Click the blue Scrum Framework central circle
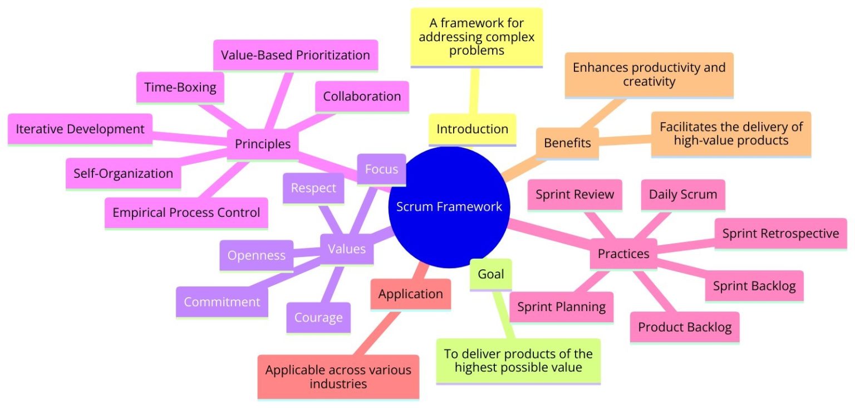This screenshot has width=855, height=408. (449, 207)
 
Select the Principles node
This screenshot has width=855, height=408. (263, 144)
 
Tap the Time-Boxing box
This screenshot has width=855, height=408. (180, 88)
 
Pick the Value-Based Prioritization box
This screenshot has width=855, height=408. (295, 55)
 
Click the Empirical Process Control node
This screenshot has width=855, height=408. (186, 212)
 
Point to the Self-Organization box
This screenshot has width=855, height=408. (123, 173)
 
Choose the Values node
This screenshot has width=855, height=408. (347, 248)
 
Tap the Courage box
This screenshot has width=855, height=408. (318, 317)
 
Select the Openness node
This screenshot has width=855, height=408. (256, 255)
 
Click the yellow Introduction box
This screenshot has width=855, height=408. (472, 129)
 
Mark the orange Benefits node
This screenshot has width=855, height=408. (567, 143)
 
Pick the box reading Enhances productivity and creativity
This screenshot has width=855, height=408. (649, 75)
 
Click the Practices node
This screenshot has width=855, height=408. (623, 254)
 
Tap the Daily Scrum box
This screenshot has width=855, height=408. (683, 194)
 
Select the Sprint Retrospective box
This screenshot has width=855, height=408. (780, 233)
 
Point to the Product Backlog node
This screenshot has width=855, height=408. (685, 327)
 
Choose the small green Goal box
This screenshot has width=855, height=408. (490, 274)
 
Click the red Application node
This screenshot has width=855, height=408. (411, 294)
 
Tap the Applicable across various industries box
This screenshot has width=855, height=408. (338, 377)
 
